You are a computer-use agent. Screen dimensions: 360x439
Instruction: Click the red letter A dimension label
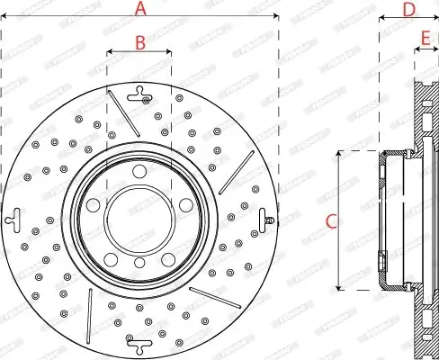139,9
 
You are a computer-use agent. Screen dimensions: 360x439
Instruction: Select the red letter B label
139,41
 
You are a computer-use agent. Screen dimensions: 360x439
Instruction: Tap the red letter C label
330,220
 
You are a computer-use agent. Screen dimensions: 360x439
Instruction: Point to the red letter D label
408,9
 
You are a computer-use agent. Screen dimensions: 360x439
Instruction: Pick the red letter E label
426,37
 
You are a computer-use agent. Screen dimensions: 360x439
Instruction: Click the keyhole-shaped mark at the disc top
139,91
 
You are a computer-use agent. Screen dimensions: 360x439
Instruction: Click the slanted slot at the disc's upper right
235,170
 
